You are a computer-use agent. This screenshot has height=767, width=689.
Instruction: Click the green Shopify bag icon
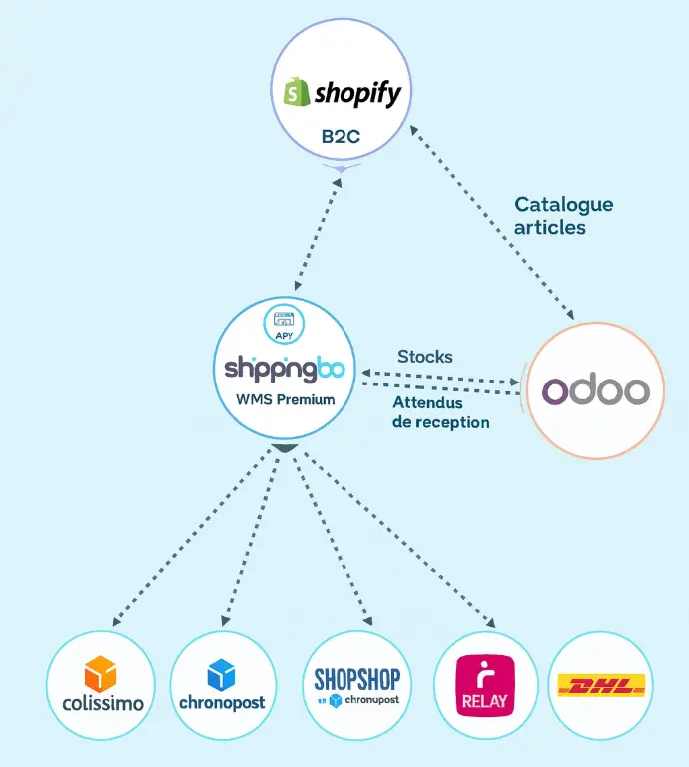tap(296, 92)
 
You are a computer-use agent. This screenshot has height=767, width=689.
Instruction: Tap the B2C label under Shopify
tap(341, 137)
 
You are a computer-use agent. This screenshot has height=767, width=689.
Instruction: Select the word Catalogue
tap(564, 205)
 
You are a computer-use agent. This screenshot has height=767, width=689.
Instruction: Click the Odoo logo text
tap(595, 390)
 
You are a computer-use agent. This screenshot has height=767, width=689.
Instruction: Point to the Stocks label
tap(424, 357)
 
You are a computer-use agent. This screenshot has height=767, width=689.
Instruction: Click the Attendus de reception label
tap(440, 412)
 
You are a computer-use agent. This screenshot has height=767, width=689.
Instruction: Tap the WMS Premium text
tap(285, 399)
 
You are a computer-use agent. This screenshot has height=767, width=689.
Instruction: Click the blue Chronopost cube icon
tap(222, 675)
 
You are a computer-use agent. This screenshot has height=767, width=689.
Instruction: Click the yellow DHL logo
tap(601, 686)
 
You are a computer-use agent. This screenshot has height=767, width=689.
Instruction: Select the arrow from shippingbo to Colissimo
tap(190, 540)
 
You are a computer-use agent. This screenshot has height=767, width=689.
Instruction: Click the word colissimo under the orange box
tap(96, 703)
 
